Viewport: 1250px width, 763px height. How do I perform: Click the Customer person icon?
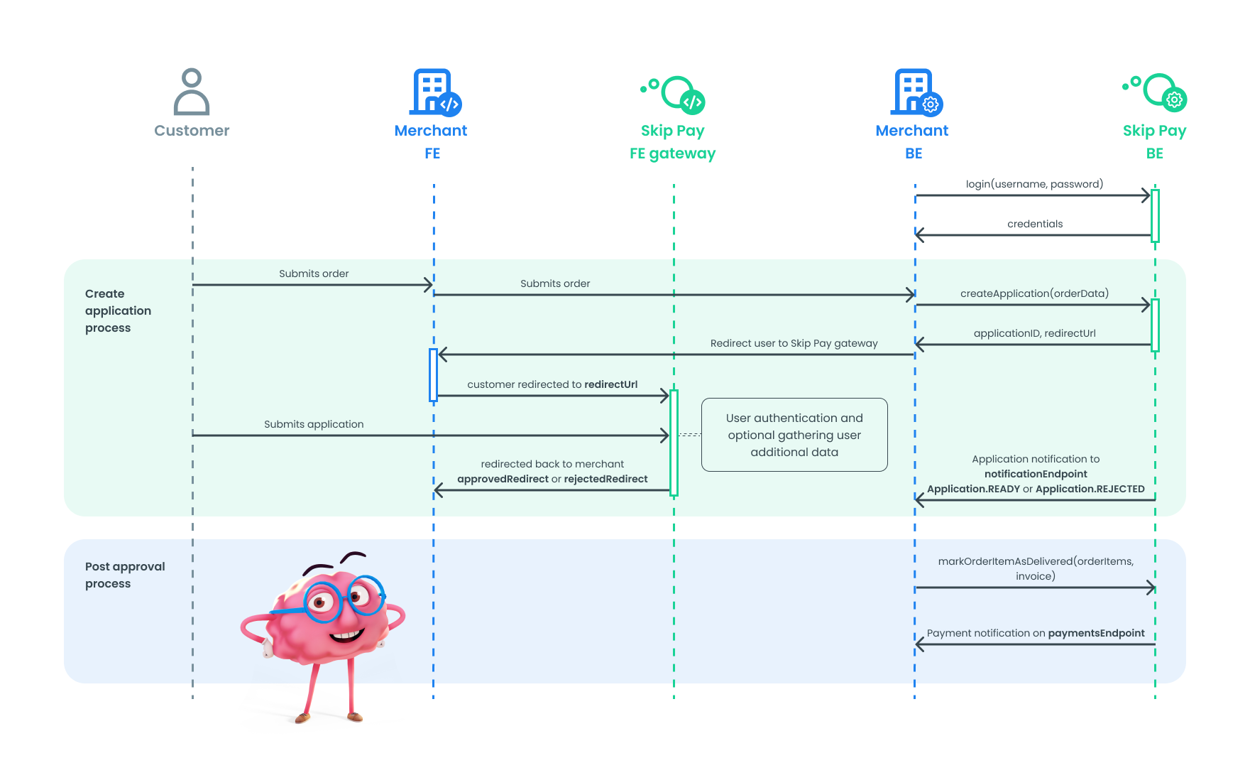(x=192, y=92)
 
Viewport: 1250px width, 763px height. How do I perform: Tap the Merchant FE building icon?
(x=434, y=92)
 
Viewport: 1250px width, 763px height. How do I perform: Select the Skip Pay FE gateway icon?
(x=674, y=95)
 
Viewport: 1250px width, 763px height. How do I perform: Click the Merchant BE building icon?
(x=916, y=92)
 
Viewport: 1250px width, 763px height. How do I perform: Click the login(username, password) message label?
(x=1034, y=184)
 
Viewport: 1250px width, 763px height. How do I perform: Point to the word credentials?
(x=1035, y=224)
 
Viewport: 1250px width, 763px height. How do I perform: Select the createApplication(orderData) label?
(x=1034, y=293)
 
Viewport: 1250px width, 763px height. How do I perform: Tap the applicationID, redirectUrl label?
(x=1034, y=333)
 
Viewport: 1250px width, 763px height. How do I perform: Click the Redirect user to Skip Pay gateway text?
(x=794, y=343)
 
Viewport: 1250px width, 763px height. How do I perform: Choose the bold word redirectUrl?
(x=610, y=384)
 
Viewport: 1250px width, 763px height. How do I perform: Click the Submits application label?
(x=314, y=424)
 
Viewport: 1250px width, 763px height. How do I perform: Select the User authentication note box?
(x=794, y=435)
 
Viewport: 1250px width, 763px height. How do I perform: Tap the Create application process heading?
(x=118, y=310)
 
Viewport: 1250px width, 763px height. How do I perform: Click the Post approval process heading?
(x=124, y=575)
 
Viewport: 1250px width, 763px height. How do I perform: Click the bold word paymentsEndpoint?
(x=1096, y=633)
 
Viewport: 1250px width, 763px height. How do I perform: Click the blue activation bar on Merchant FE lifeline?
(x=433, y=375)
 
